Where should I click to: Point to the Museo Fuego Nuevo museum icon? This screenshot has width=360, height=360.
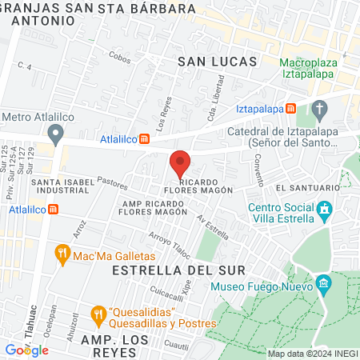pos(323,284)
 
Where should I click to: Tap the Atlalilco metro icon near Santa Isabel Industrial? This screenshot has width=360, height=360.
pos(53,209)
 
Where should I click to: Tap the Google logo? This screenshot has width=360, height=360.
pos(27,350)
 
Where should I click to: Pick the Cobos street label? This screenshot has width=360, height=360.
pos(119,58)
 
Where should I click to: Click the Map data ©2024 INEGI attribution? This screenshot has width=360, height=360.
pos(312,354)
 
